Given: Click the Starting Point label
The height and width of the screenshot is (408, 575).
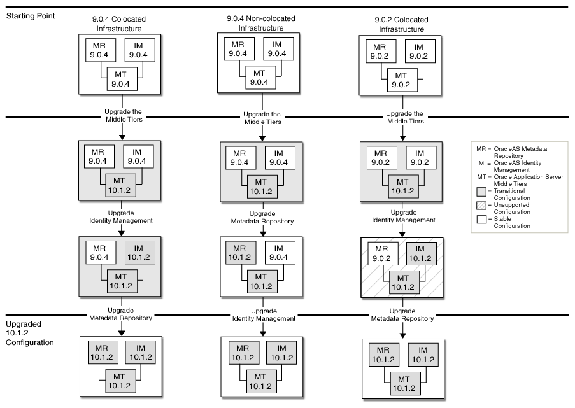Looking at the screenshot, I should [29, 15].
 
